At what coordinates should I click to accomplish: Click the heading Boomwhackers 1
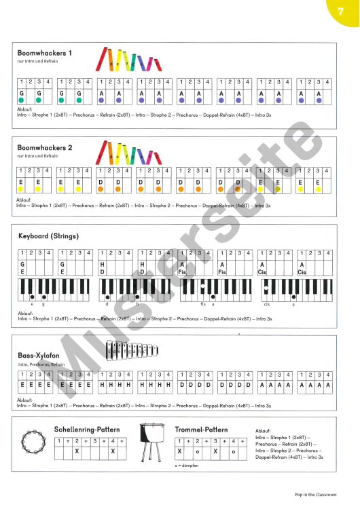point(45,53)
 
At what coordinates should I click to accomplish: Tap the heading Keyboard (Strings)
point(48,236)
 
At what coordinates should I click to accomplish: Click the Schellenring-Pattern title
point(87,430)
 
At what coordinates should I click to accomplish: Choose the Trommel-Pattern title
point(200,430)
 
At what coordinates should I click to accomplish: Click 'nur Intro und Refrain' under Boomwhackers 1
point(35,63)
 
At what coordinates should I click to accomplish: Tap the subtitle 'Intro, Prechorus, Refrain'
point(42,364)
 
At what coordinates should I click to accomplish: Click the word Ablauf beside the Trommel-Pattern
point(263,431)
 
